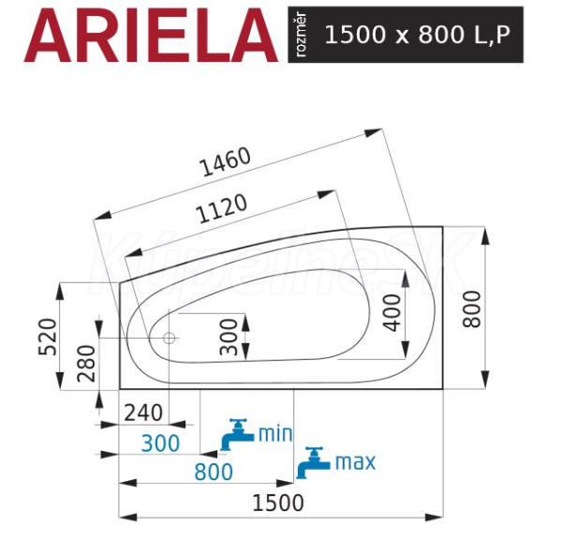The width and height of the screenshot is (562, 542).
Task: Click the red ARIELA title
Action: coord(151,35)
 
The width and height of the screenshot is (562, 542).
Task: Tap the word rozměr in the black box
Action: coord(302,35)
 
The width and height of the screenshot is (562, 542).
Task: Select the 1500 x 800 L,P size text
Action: coord(417,35)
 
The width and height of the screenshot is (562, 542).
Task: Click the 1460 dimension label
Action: coord(226,161)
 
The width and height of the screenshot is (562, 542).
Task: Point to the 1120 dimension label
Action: coord(222,208)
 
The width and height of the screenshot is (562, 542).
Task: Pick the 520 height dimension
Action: coord(48,337)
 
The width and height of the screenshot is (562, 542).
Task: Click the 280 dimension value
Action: coord(86,364)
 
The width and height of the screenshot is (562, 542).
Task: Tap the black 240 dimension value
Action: coord(143,413)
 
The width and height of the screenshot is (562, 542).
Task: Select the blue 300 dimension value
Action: coord(160,444)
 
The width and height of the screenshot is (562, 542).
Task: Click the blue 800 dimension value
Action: coord(214,472)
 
